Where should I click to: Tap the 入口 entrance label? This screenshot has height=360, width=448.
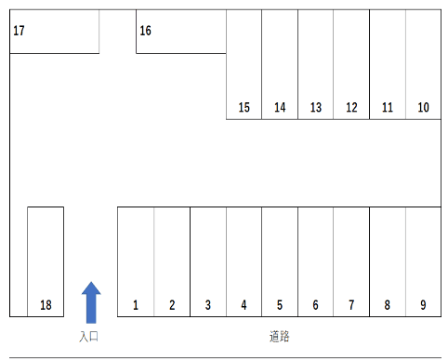click(x=89, y=336)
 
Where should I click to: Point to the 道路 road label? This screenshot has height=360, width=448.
click(x=279, y=336)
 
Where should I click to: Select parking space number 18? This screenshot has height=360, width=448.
click(x=46, y=305)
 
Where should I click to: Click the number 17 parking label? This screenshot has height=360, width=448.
click(x=19, y=31)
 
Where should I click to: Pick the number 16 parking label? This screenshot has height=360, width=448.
click(x=145, y=31)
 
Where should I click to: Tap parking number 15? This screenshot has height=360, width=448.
click(x=244, y=108)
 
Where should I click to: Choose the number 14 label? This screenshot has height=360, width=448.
click(x=280, y=108)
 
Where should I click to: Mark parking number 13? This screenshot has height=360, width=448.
click(x=316, y=108)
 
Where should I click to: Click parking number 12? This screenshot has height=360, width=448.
click(x=351, y=108)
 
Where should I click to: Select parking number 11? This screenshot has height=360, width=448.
click(x=388, y=108)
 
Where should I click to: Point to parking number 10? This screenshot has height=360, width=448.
click(x=423, y=108)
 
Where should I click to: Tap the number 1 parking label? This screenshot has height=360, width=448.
click(x=136, y=305)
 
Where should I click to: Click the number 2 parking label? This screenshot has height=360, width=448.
click(x=172, y=305)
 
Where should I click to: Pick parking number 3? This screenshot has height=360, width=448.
click(x=208, y=305)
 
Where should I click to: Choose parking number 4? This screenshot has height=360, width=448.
click(x=244, y=305)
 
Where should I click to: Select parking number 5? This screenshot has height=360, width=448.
click(x=280, y=305)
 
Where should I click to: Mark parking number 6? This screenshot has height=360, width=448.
click(x=316, y=305)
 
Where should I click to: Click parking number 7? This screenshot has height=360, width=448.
click(x=351, y=305)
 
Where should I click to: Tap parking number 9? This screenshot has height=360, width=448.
click(x=423, y=305)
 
